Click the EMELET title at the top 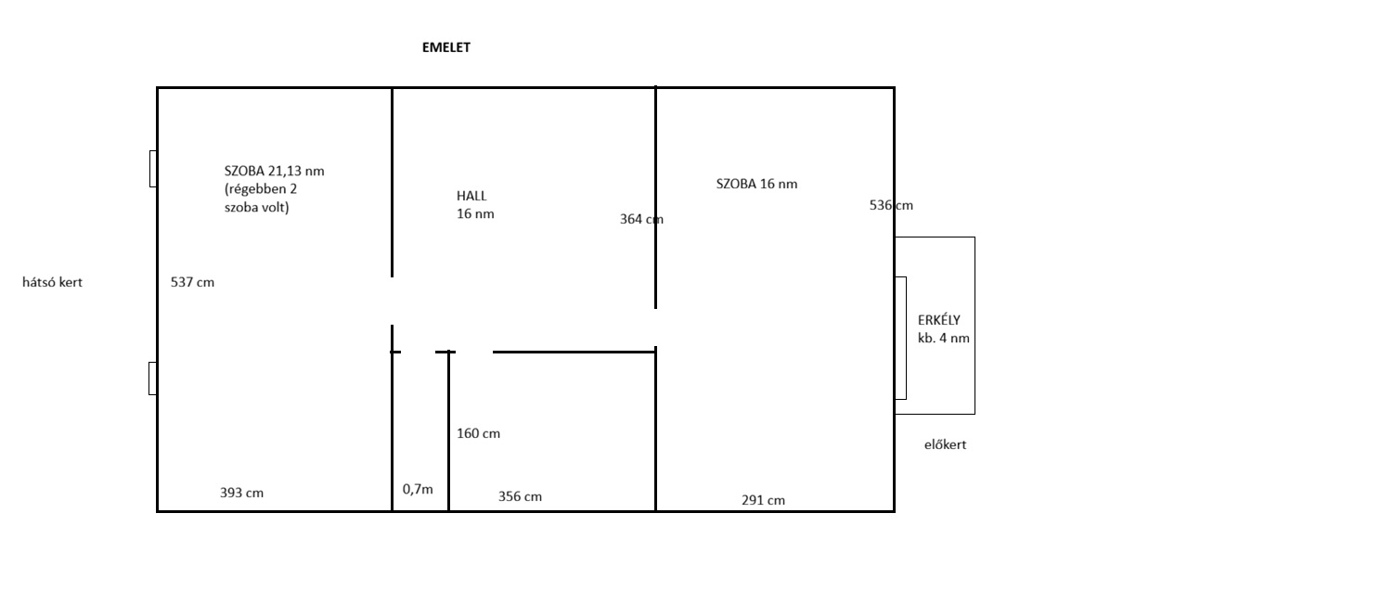pos(446,47)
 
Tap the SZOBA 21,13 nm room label pos(275,171)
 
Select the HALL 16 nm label pos(475,205)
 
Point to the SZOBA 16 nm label pos(756,184)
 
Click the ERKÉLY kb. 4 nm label pos(944,329)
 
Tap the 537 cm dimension pos(192,283)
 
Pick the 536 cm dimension pos(891,205)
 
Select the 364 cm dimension pos(641,219)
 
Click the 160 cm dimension pos(479,433)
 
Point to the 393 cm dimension pos(241,493)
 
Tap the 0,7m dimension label pos(418,489)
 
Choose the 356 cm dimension pos(521,496)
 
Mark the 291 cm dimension pos(763,500)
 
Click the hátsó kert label pos(52,283)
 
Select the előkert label pos(946,445)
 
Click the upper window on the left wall pos(153,169)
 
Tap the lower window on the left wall pos(152,379)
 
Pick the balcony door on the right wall pos(900,338)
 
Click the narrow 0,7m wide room pos(420,431)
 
